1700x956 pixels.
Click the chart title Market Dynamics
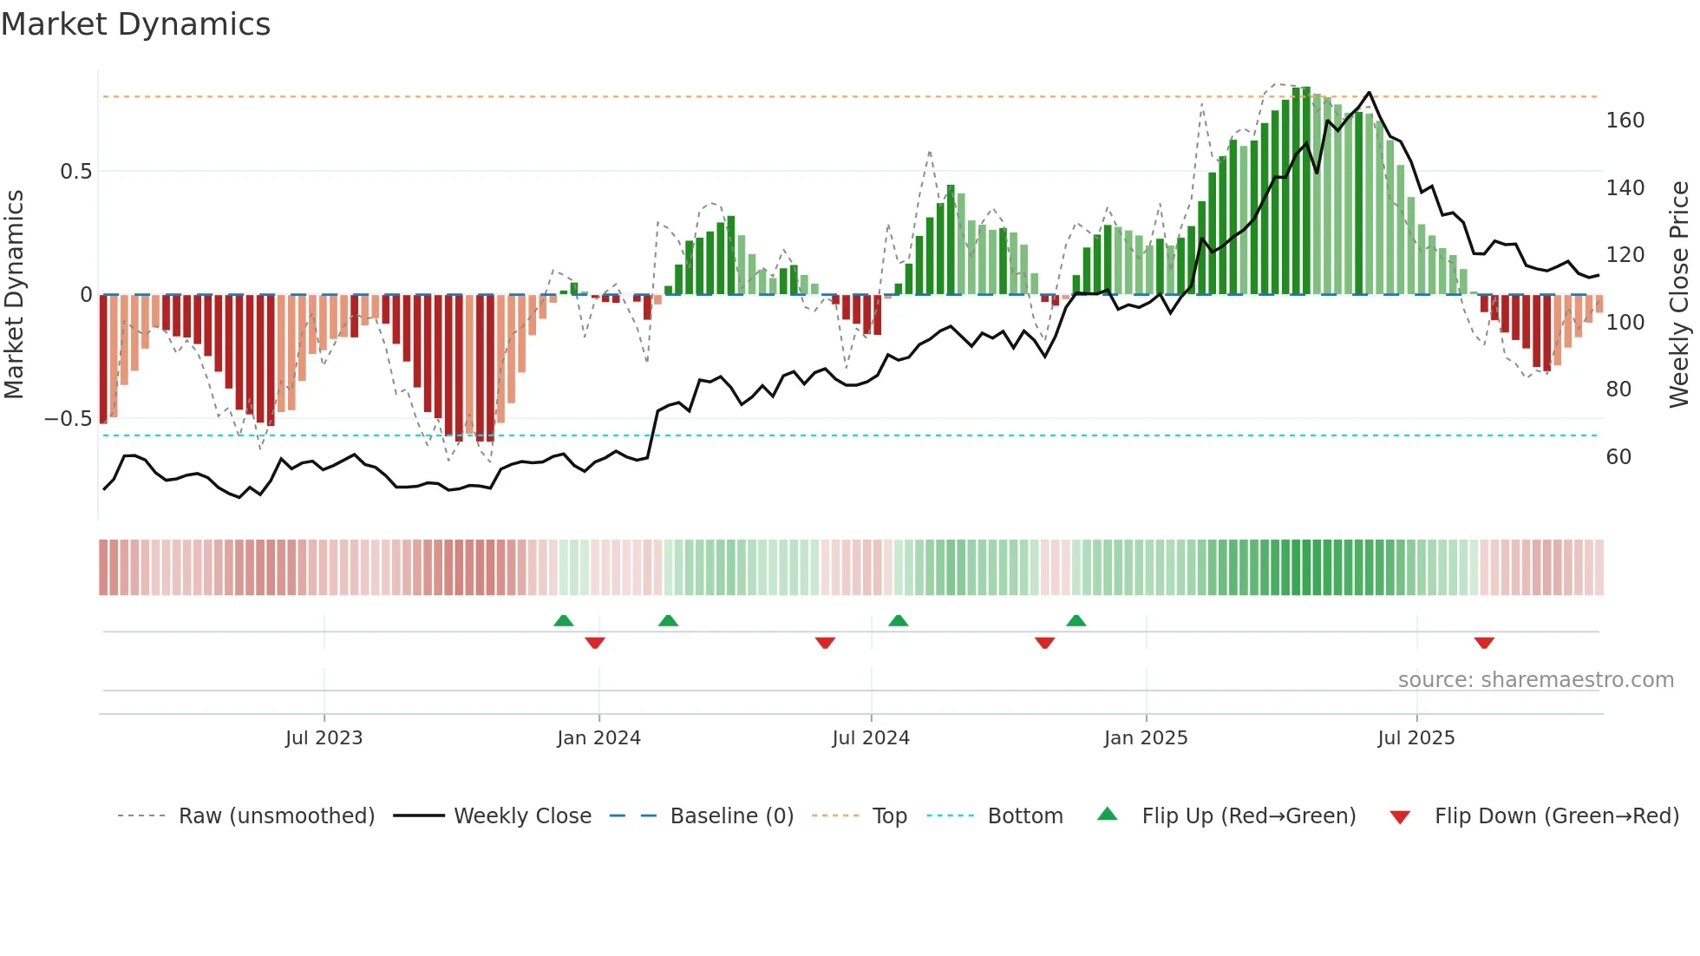[136, 24]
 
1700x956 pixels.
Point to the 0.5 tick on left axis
[76, 172]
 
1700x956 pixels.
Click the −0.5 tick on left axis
[69, 419]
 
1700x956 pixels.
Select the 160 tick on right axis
[1625, 121]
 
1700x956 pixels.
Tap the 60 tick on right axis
[1618, 457]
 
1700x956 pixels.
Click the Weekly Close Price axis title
[1679, 295]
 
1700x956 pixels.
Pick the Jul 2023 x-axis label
[324, 738]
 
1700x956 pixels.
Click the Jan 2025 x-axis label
[1145, 738]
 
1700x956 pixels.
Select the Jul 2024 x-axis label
[870, 738]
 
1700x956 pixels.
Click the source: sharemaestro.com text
[1535, 680]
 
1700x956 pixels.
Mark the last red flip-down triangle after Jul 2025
[1484, 643]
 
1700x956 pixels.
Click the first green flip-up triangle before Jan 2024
[564, 620]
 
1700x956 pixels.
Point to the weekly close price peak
[1370, 92]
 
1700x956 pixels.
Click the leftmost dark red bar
[104, 358]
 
